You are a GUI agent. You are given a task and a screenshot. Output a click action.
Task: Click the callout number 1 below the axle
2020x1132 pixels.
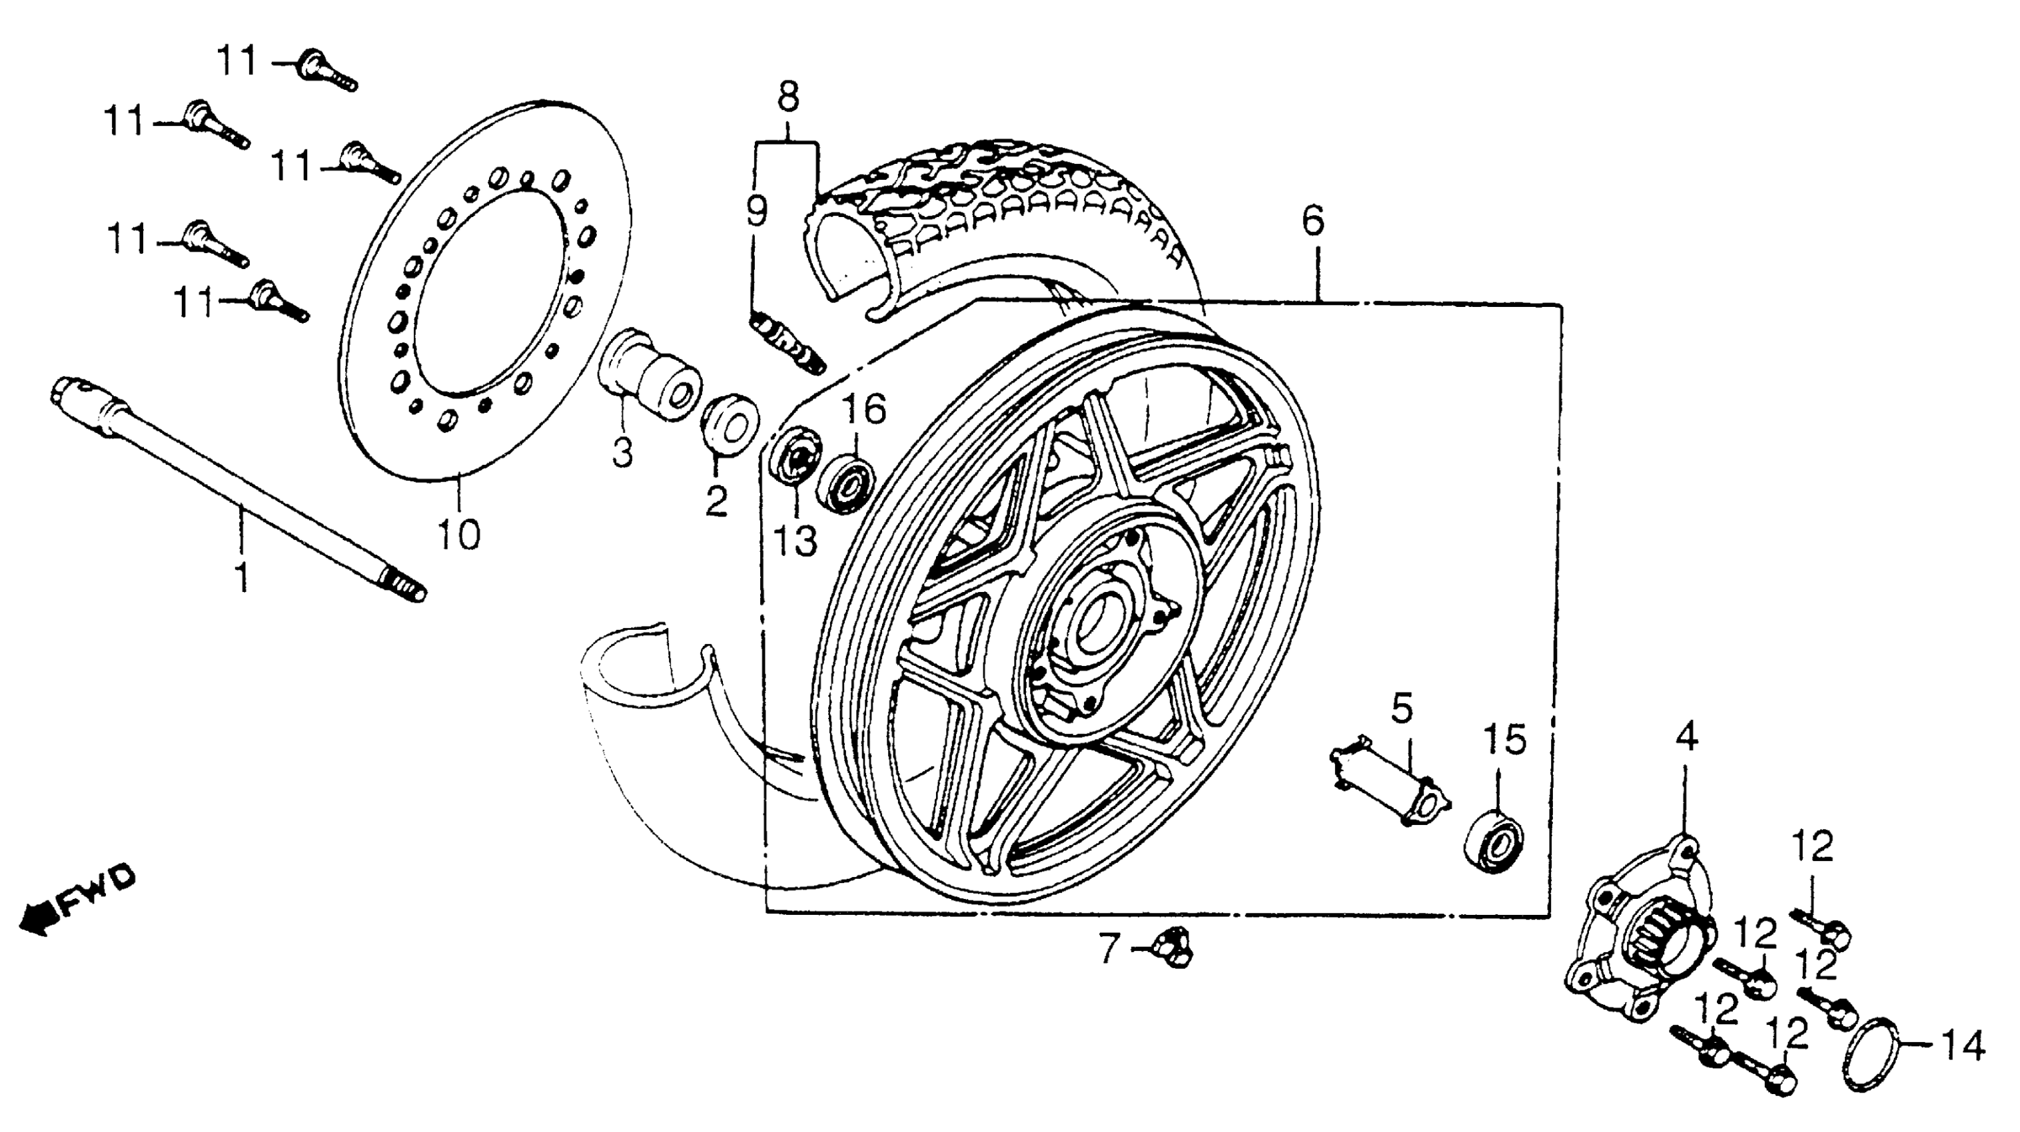pos(243,576)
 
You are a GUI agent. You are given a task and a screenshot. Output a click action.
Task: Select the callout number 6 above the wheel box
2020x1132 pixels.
pos(1314,220)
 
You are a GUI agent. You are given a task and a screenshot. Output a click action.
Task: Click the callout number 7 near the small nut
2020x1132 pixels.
pos(1108,950)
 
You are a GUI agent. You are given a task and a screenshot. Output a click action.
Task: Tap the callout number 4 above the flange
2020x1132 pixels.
pos(1687,737)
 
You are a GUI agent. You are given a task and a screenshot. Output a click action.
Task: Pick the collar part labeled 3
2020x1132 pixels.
pos(651,379)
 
